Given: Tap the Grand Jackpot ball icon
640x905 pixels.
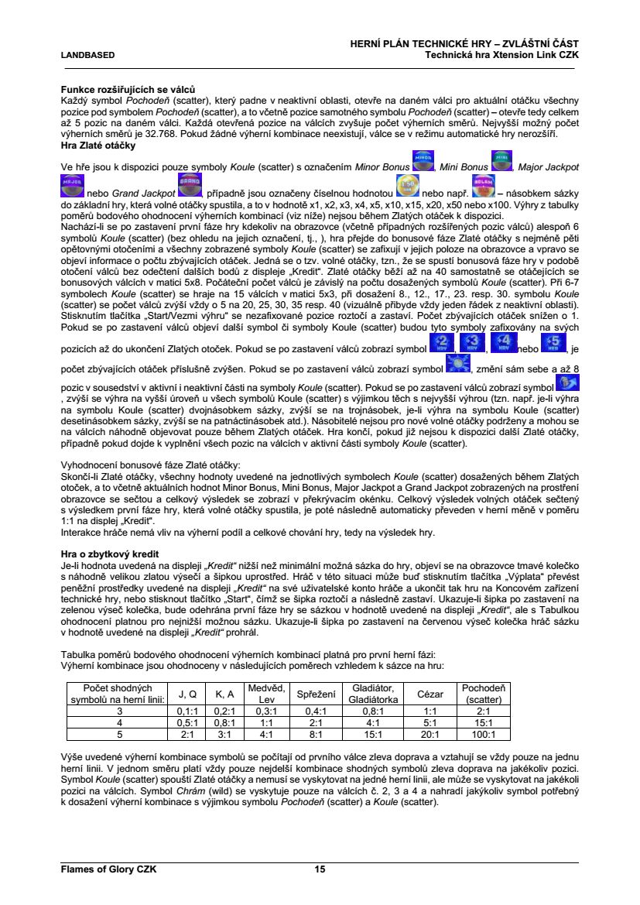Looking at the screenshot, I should [189, 186].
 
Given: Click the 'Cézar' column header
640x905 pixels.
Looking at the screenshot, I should [430, 694].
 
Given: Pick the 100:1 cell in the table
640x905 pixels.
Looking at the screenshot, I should [484, 735].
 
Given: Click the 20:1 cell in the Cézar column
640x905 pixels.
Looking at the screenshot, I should [430, 735].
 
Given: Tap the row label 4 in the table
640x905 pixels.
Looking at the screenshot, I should [119, 723].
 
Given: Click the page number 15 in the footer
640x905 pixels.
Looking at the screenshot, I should [320, 869].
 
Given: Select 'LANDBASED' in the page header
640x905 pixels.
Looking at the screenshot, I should [88, 55].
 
